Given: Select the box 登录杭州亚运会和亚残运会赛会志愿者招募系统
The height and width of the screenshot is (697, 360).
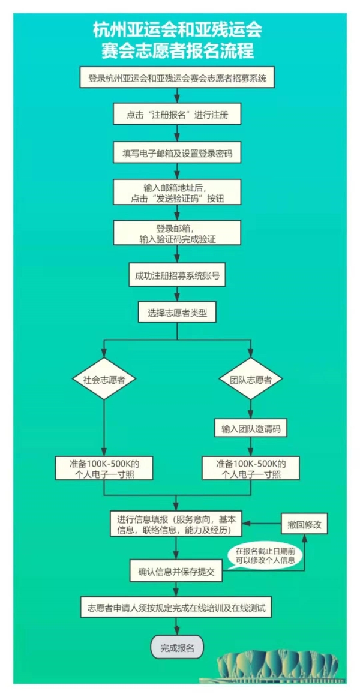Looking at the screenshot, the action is (178, 78).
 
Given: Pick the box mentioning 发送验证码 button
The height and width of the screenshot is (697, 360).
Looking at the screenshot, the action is (178, 193).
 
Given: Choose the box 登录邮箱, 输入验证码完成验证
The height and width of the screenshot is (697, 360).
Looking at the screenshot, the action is (178, 233).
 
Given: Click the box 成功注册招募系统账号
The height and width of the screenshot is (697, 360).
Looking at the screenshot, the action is (178, 277).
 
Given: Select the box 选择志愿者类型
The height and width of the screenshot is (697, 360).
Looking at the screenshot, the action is (178, 313).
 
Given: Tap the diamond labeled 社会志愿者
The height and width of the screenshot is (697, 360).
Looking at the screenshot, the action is (104, 379).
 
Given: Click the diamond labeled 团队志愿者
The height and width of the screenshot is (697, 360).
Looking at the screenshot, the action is (251, 379).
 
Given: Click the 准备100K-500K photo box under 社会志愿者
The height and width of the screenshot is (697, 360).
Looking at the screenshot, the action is (104, 468).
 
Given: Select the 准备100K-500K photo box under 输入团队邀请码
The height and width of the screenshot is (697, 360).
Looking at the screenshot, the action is (251, 468).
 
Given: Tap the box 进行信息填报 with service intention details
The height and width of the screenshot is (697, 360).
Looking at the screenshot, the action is (178, 524).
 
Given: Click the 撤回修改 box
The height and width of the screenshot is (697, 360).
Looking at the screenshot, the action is (304, 524).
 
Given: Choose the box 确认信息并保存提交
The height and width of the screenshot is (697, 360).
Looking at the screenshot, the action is (178, 572).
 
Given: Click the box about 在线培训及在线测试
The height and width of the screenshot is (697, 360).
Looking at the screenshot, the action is (178, 608).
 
